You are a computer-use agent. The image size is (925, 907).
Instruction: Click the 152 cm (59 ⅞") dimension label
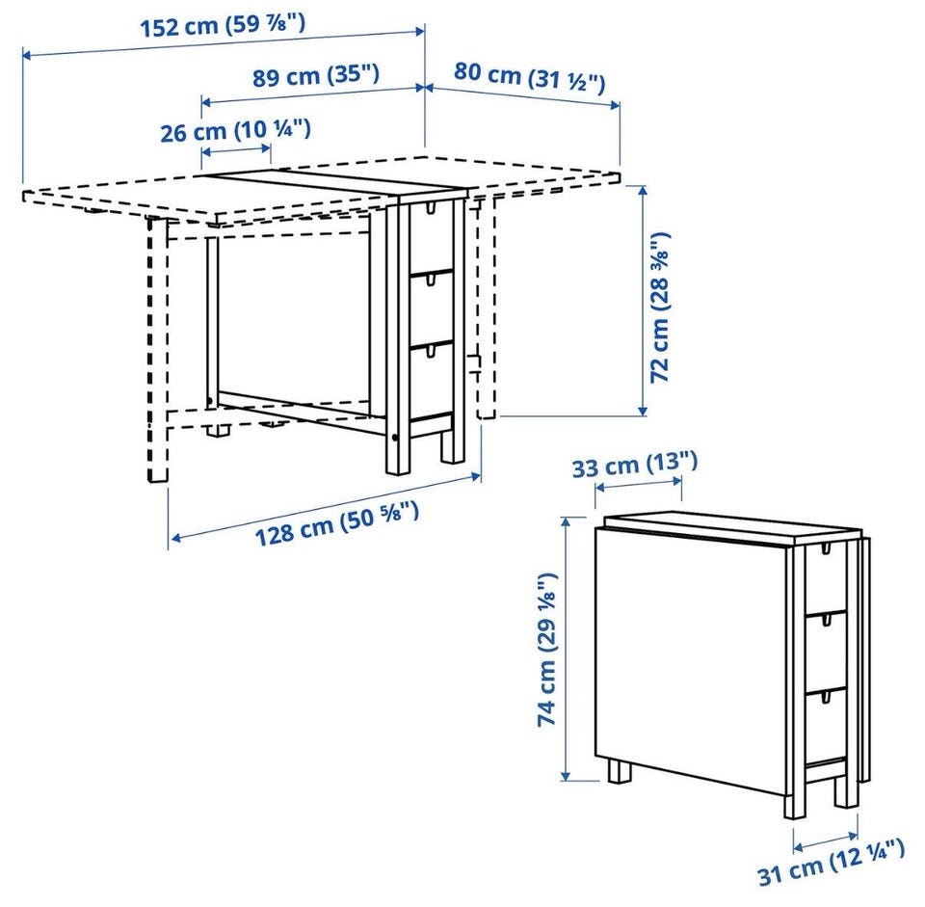click(223, 25)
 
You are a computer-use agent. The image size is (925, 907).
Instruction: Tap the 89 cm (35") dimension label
click(316, 75)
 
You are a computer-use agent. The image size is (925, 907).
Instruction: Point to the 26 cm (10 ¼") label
click(235, 130)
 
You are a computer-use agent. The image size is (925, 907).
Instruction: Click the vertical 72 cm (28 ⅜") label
click(660, 307)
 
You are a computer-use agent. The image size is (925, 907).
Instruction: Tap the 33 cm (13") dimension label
click(635, 464)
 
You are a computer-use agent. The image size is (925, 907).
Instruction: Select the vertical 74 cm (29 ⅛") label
click(546, 649)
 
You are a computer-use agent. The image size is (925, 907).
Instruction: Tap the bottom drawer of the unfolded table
click(432, 381)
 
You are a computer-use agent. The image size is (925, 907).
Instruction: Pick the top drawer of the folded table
click(826, 577)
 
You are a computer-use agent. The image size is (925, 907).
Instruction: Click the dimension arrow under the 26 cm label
click(237, 151)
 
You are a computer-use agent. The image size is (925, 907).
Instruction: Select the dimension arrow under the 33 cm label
click(639, 484)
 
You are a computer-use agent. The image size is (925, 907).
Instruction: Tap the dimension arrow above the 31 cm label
click(826, 840)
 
